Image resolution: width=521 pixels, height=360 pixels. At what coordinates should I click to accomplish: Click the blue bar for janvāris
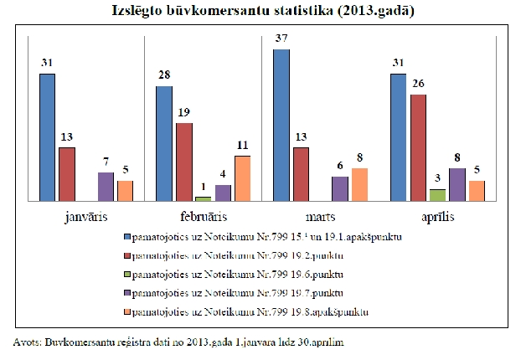pyautogui.click(x=47, y=137)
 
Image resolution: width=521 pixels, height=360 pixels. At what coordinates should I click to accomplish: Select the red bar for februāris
pyautogui.click(x=183, y=162)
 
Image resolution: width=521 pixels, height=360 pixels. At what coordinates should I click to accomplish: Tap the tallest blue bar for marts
pyautogui.click(x=281, y=125)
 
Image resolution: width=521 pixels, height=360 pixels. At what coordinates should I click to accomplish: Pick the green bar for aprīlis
pyautogui.click(x=414, y=195)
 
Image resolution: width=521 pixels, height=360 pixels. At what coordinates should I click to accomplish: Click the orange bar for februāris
pyautogui.click(x=242, y=178)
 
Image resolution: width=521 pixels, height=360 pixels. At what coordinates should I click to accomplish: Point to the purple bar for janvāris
pyautogui.click(x=106, y=187)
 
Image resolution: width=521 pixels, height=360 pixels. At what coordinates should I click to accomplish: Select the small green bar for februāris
pyautogui.click(x=203, y=198)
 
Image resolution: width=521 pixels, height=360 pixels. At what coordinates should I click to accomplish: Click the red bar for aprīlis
pyautogui.click(x=418, y=147)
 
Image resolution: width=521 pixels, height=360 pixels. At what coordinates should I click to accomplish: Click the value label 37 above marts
pyautogui.click(x=281, y=40)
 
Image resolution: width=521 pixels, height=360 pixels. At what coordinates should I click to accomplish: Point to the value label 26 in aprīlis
pyautogui.click(x=418, y=85)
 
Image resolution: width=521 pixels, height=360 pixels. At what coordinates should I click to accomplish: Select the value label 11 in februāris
pyautogui.click(x=242, y=147)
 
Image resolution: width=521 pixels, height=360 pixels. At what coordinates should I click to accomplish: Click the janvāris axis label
pyautogui.click(x=85, y=217)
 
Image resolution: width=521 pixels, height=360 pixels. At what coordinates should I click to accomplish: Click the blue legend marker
pyautogui.click(x=127, y=237)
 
